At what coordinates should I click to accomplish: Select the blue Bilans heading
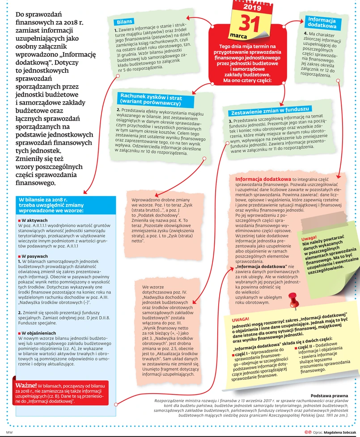[x=121, y=21]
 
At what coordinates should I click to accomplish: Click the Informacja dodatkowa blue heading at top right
[x=322, y=23]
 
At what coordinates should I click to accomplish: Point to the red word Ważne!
[x=26, y=386]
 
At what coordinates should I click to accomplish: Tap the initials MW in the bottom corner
[x=9, y=433]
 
